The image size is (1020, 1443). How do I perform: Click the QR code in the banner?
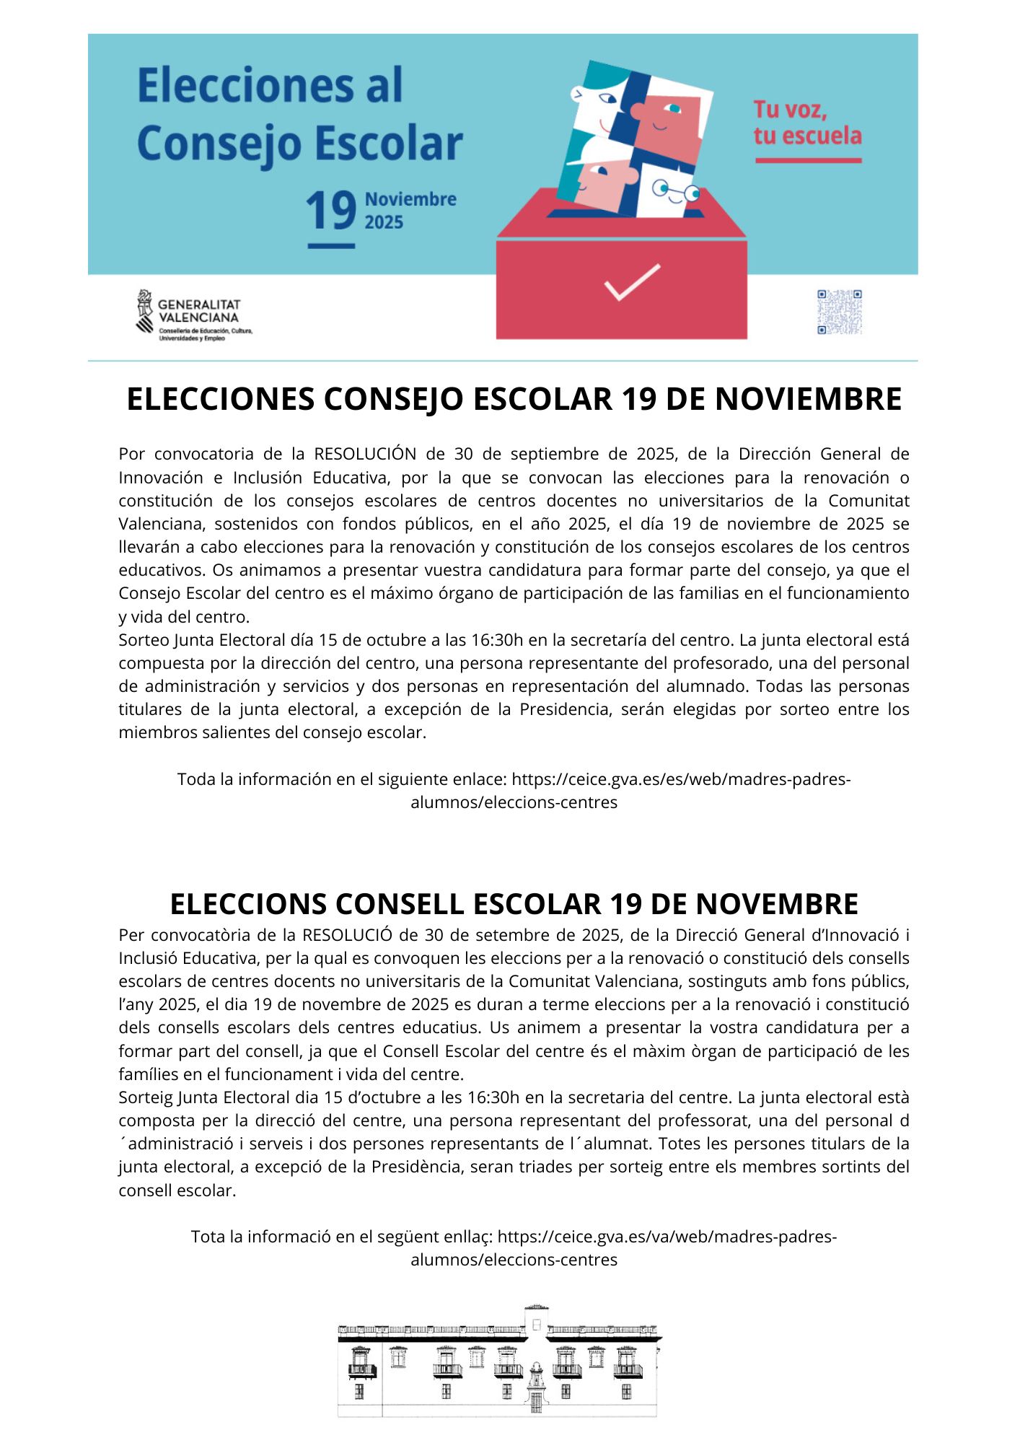click(839, 312)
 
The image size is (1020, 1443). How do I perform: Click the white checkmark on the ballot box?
click(632, 282)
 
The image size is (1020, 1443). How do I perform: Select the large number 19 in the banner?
click(331, 211)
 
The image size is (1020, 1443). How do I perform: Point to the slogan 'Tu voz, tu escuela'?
click(807, 123)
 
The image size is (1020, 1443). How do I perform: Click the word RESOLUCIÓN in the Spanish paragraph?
click(365, 454)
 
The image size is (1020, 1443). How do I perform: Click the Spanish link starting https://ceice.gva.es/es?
click(680, 779)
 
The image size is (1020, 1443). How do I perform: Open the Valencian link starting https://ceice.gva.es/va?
click(667, 1237)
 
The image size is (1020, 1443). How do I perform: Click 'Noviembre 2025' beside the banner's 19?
click(410, 210)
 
